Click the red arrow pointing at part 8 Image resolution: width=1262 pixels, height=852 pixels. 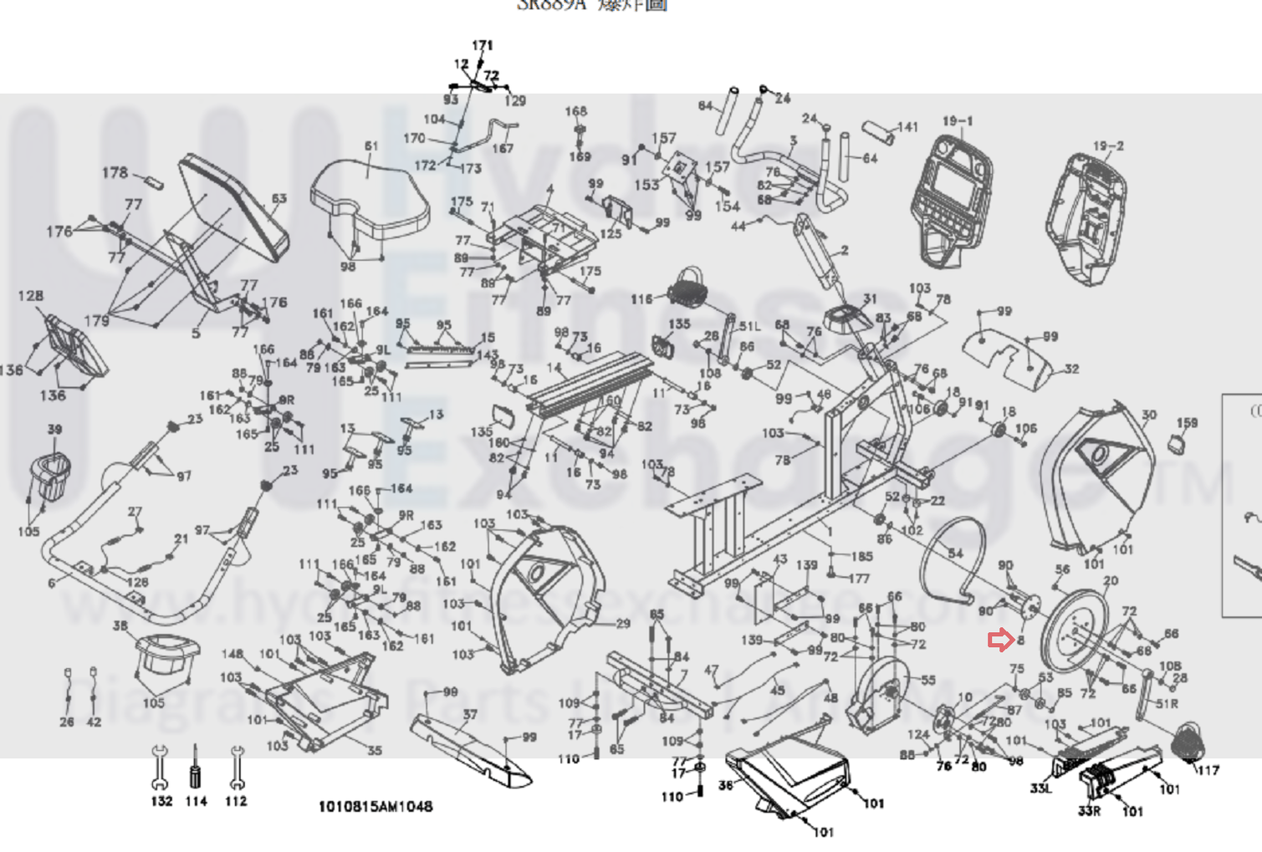(999, 640)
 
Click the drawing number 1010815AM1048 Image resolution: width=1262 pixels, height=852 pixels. (376, 807)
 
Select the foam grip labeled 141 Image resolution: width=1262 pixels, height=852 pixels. (879, 132)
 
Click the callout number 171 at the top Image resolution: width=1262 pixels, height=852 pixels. (483, 45)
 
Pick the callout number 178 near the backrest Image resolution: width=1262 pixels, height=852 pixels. (115, 172)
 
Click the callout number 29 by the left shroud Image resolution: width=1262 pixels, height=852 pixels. (622, 623)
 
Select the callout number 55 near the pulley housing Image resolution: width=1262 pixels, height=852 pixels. (927, 680)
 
